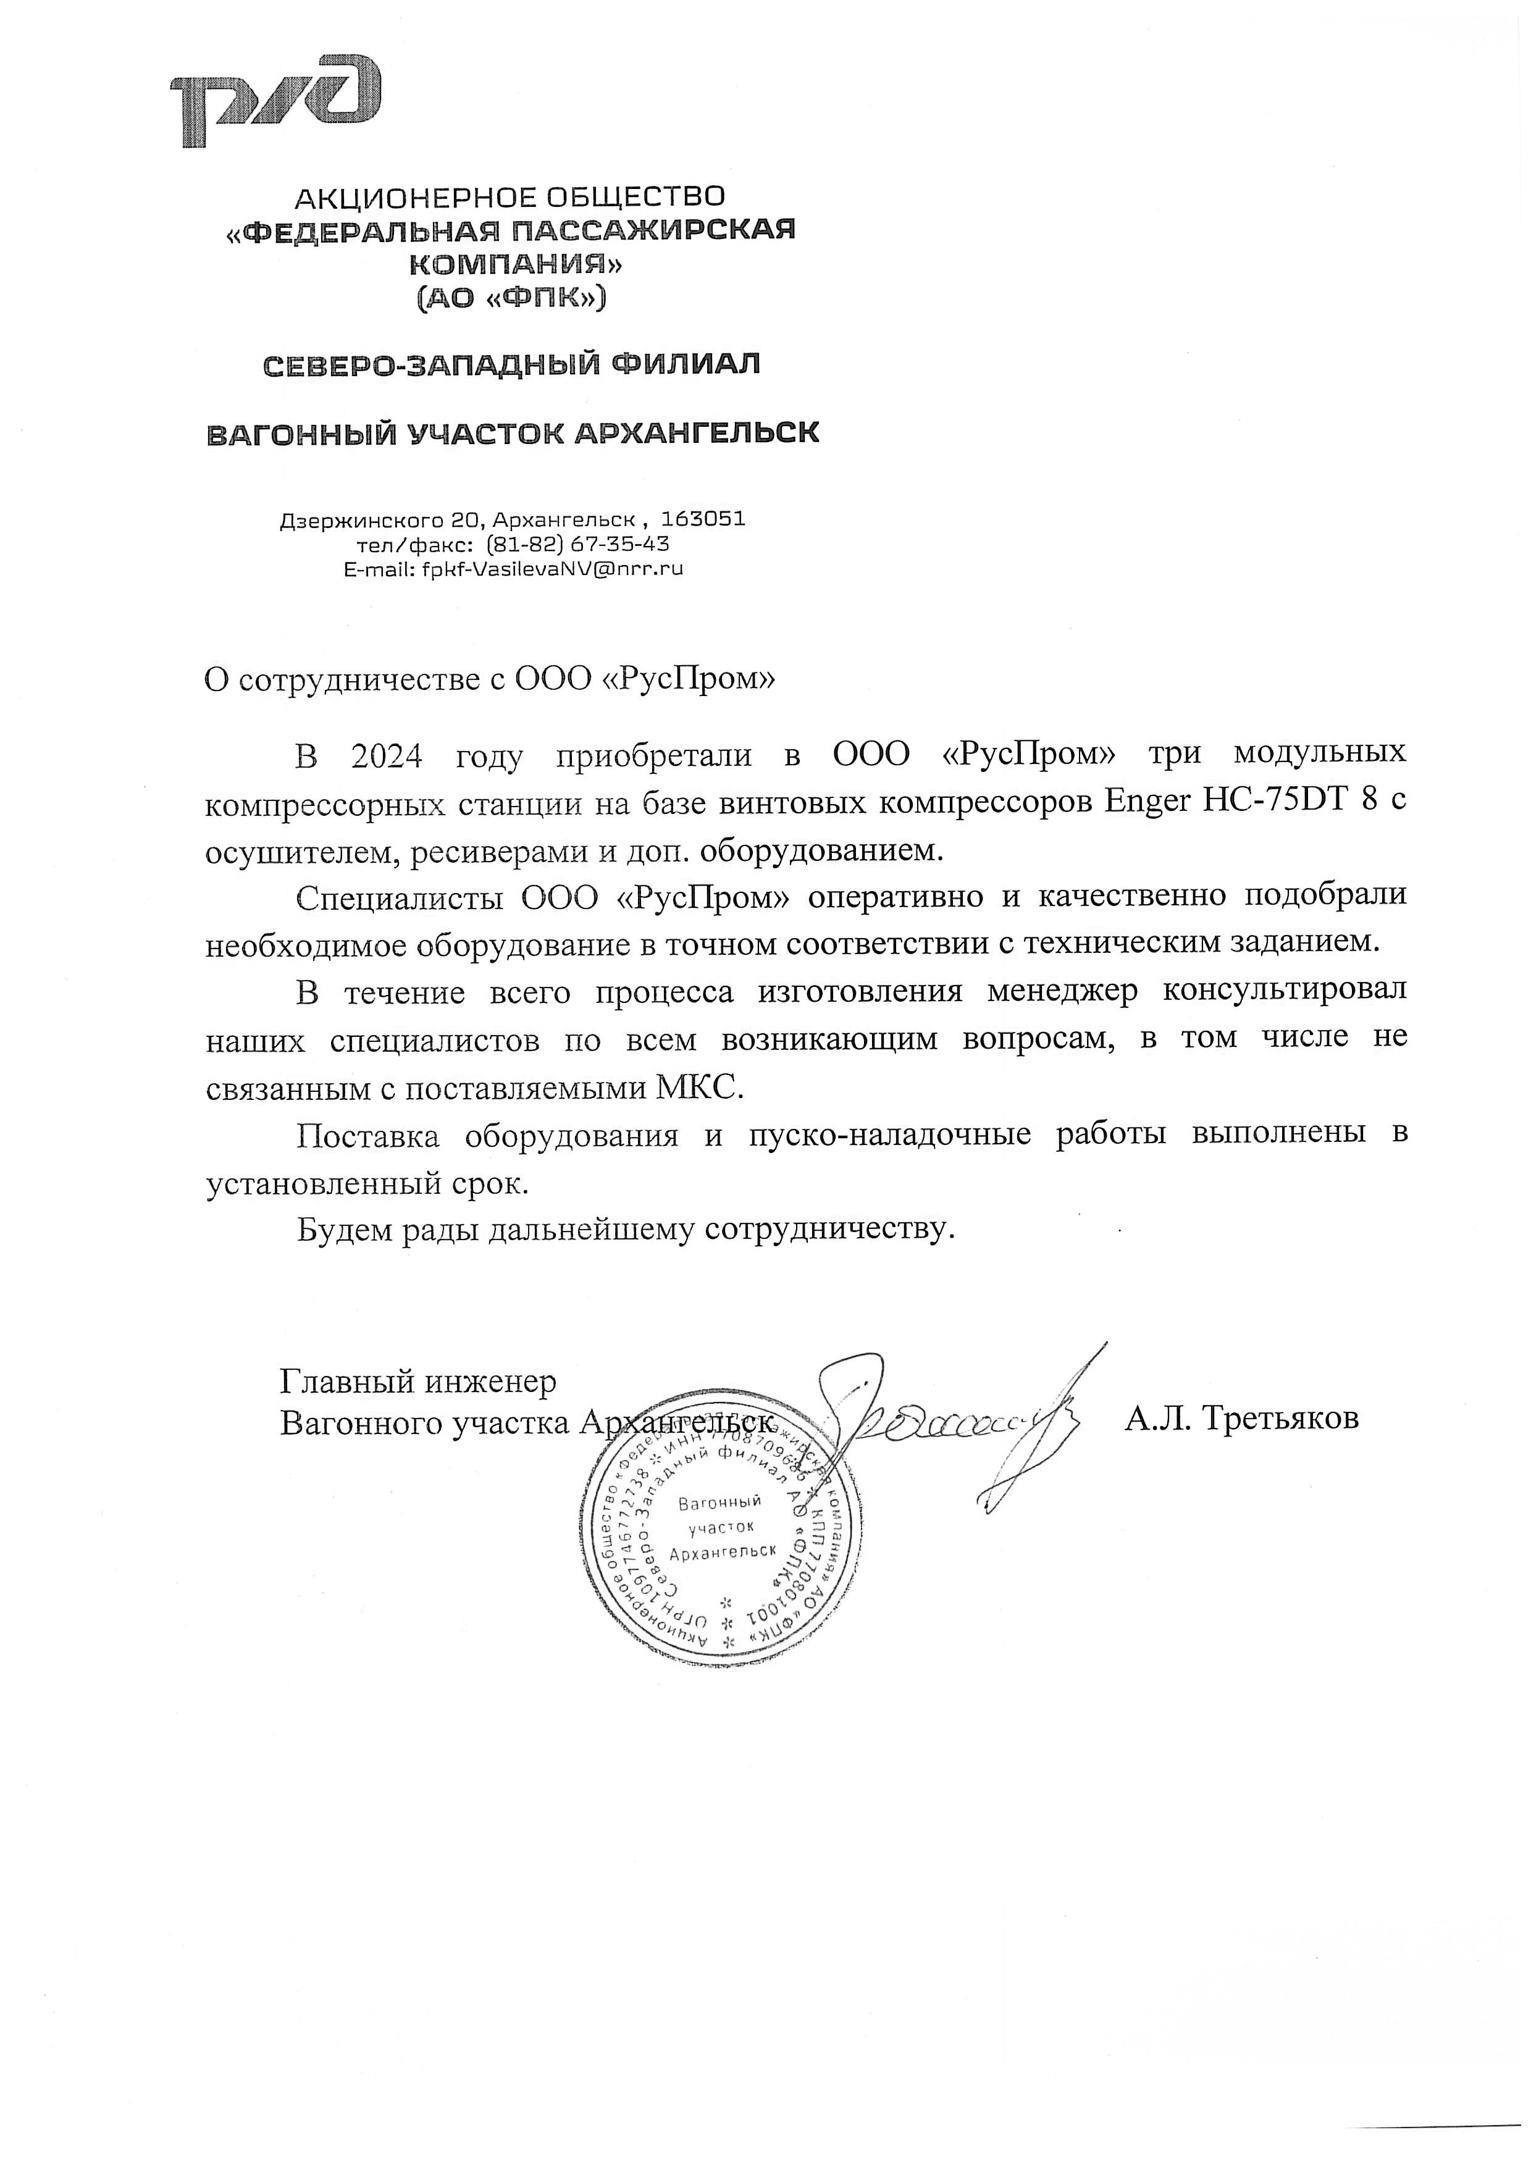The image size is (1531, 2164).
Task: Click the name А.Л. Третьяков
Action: coord(1241,1419)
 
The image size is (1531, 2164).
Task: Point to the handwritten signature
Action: coord(952,1419)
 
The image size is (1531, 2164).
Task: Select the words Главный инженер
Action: coord(417,1382)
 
